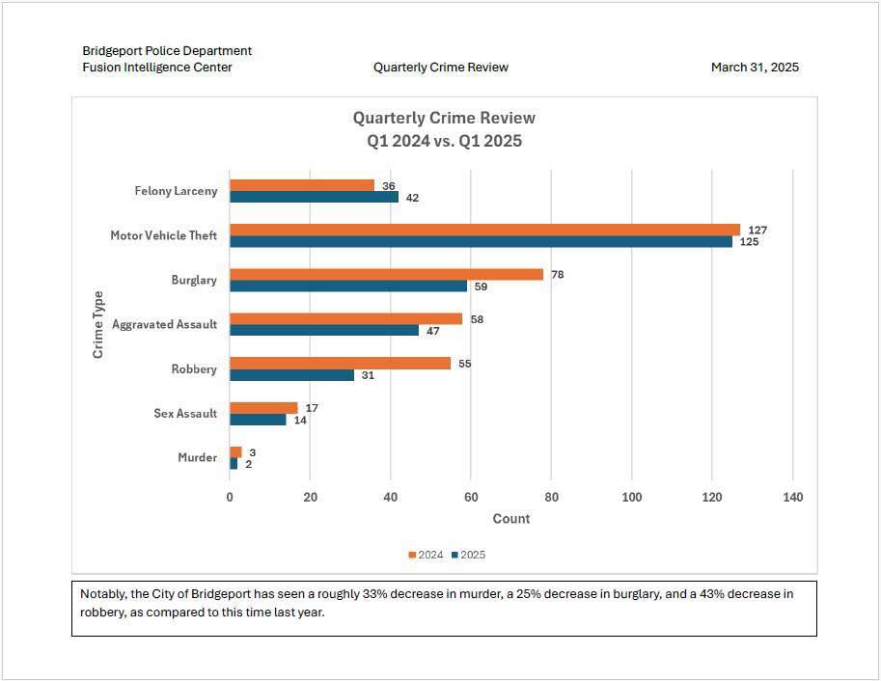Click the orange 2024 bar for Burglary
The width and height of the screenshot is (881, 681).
(387, 274)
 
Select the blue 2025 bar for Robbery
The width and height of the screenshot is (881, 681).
(291, 375)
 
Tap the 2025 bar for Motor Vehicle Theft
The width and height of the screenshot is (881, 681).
(481, 241)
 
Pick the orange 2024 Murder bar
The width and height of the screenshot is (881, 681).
(235, 452)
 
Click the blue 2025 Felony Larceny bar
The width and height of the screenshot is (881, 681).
(314, 197)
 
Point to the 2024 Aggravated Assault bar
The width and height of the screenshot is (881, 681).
(346, 318)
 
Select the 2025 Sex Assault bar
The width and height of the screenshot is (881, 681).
(258, 420)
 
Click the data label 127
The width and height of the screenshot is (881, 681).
(757, 230)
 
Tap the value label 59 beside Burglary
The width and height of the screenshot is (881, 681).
(481, 286)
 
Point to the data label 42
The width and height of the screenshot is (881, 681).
(412, 198)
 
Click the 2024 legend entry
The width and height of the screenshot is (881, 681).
(426, 555)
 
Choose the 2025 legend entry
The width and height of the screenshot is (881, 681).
(469, 555)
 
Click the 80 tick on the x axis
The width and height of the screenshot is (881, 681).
(551, 497)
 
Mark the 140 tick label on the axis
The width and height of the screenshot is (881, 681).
(793, 497)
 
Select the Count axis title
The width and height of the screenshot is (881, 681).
(510, 519)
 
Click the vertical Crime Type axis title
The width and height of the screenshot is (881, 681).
(97, 324)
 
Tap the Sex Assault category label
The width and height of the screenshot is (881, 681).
(185, 414)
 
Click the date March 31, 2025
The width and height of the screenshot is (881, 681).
(755, 68)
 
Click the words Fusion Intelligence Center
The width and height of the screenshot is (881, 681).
(157, 68)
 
